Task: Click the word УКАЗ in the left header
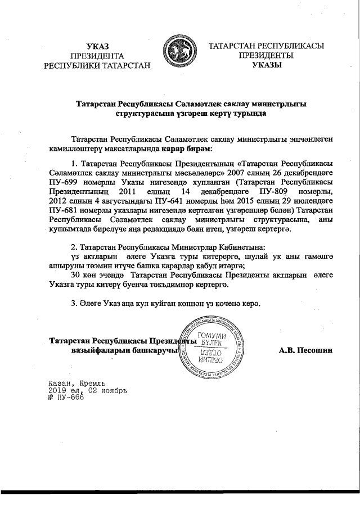[x=98, y=46]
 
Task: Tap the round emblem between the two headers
[x=179, y=55]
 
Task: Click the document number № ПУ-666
[x=66, y=397]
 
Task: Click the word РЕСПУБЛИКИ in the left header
[x=73, y=65]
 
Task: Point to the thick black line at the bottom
[x=180, y=492]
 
